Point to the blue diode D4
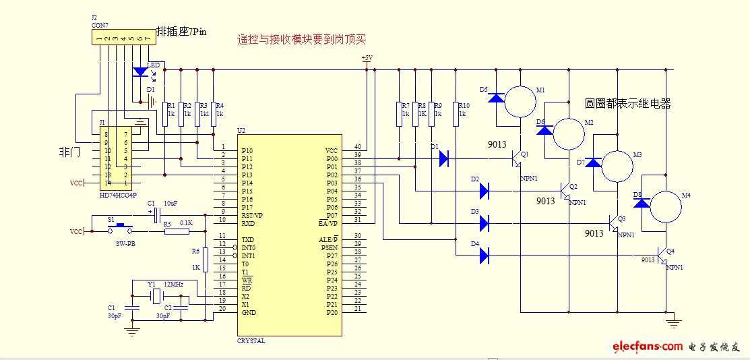point(484,255)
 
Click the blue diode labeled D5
point(497,98)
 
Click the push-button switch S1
point(121,227)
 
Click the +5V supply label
point(367,59)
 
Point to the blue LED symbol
point(140,71)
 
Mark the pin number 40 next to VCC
point(357,146)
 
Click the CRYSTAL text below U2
point(251,341)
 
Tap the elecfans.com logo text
point(647,346)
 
